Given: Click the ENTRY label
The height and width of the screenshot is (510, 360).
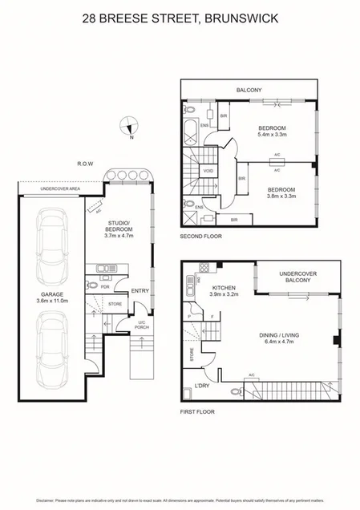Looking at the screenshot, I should click(x=139, y=290).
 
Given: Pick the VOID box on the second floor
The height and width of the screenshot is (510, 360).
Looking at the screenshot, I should click(x=208, y=171).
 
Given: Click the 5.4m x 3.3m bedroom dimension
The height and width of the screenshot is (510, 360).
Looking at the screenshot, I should click(x=273, y=136).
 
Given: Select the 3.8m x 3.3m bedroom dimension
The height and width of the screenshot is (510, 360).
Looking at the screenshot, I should click(x=281, y=196).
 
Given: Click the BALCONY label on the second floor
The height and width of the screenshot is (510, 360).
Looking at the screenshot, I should click(x=248, y=91).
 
